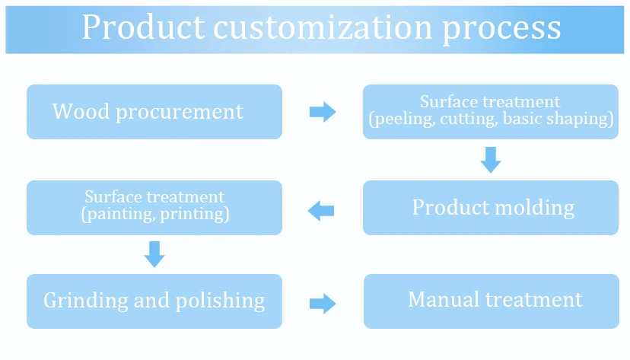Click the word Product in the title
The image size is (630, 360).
[143, 27]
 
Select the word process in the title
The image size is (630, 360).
[501, 29]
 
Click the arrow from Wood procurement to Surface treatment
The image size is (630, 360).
[323, 112]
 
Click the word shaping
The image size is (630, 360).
[581, 119]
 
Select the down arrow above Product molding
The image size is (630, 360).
[491, 159]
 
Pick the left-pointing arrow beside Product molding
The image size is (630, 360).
[321, 209]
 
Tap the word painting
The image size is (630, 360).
[118, 214]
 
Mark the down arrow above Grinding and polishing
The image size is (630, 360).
[154, 253]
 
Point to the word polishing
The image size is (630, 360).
[221, 301]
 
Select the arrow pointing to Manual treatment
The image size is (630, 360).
[323, 304]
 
